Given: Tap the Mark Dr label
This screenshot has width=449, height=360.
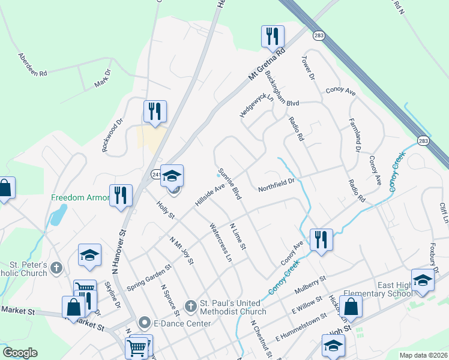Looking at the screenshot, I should click(x=103, y=79).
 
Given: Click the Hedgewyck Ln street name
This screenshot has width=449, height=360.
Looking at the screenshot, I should click(x=256, y=106).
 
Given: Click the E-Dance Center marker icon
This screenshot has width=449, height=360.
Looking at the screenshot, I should click(x=144, y=323).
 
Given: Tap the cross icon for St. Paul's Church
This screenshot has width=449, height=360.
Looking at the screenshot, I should click(x=190, y=307).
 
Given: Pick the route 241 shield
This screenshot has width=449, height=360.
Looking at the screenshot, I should click(x=155, y=173).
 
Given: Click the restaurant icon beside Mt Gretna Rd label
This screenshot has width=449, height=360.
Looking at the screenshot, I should click(x=273, y=37).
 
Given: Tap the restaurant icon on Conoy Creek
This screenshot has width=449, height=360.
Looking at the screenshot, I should click(x=321, y=240).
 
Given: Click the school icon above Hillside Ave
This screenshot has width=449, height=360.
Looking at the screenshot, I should click(x=172, y=176).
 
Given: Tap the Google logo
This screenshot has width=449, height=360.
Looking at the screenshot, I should click(x=20, y=353).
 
